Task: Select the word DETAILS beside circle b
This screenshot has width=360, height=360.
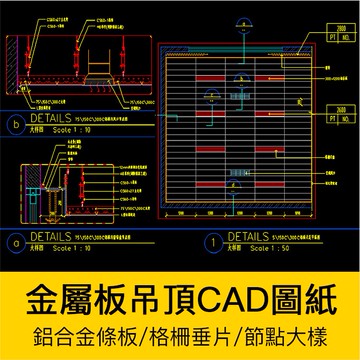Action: [x=49, y=123]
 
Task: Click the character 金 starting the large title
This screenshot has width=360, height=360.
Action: [x=34, y=296]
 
